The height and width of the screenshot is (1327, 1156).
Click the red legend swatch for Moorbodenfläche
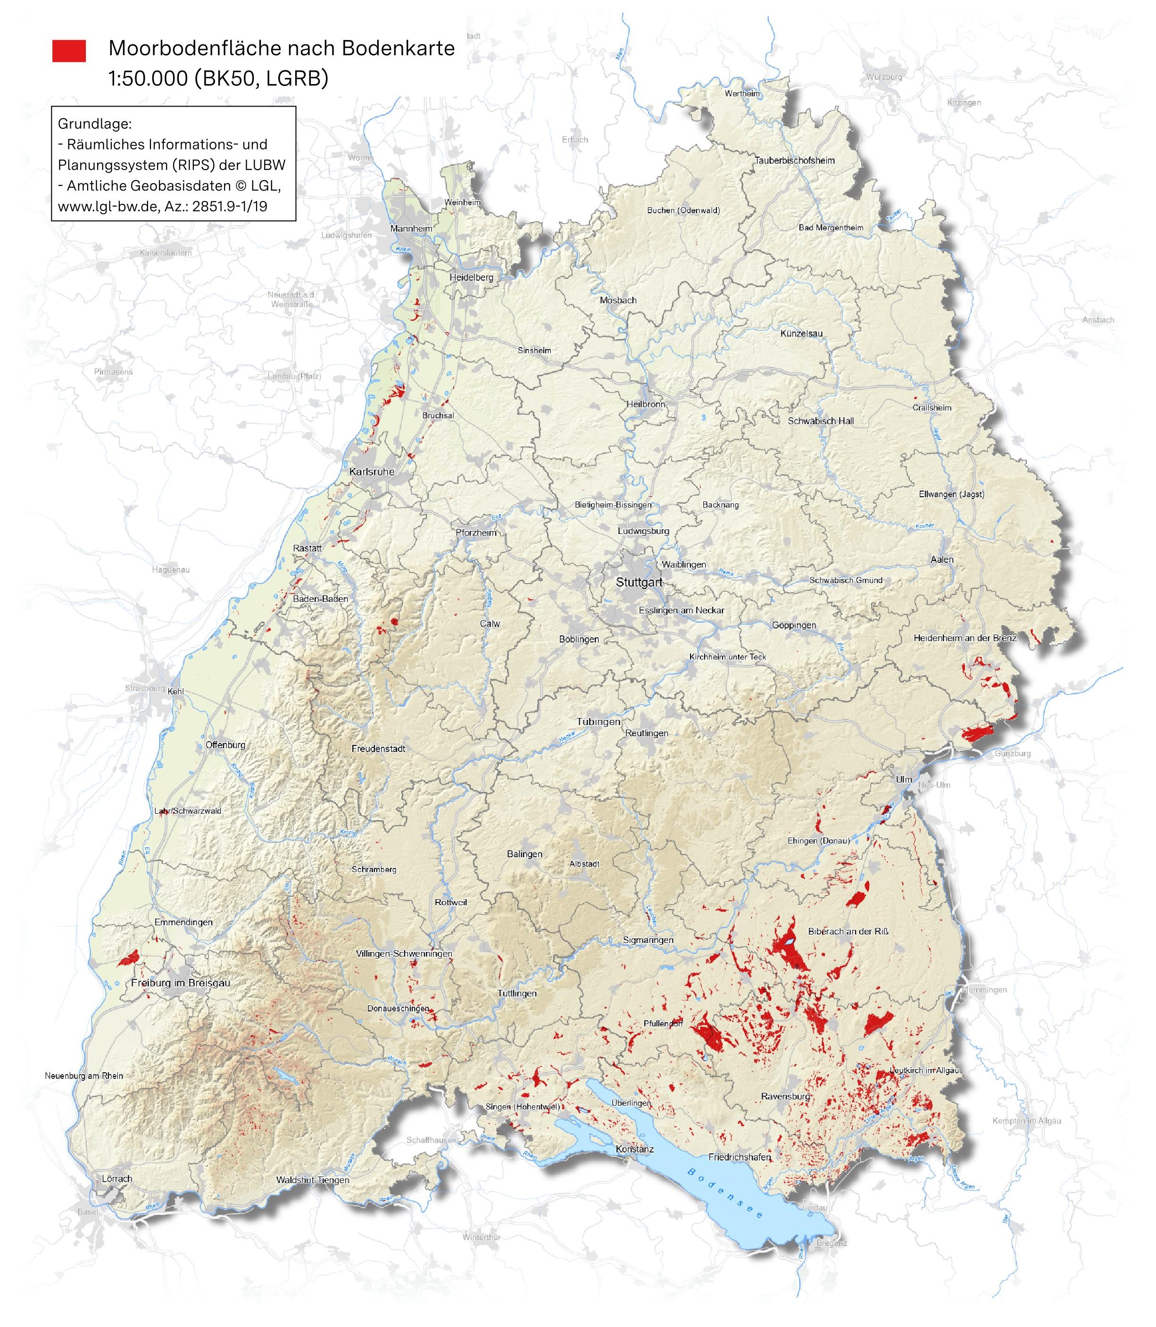pyautogui.click(x=69, y=50)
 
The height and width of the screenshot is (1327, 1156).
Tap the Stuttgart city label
pyautogui.click(x=639, y=582)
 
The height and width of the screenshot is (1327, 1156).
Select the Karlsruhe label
pyautogui.click(x=372, y=472)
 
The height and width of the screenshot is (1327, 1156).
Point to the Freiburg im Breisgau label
pyautogui.click(x=180, y=983)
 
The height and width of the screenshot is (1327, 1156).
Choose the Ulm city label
pyautogui.click(x=904, y=779)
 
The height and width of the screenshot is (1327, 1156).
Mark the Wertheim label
pyautogui.click(x=742, y=93)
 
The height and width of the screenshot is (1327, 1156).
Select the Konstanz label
pyautogui.click(x=635, y=1149)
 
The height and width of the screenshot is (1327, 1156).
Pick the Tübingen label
pyautogui.click(x=598, y=722)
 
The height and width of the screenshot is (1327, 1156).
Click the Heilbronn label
pyautogui.click(x=645, y=404)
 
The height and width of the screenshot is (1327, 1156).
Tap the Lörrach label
pyautogui.click(x=117, y=1178)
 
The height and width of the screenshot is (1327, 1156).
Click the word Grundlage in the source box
pyautogui.click(x=94, y=123)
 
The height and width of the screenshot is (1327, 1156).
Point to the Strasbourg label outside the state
pyautogui.click(x=144, y=688)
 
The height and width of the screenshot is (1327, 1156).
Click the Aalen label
pyautogui.click(x=941, y=559)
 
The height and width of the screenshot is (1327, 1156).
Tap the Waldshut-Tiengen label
pyautogui.click(x=312, y=1180)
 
